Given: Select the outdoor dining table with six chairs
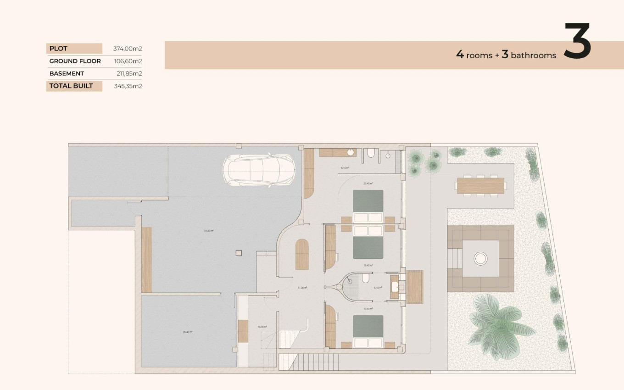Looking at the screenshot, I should [x=480, y=185].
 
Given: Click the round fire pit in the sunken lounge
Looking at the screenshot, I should [x=480, y=259].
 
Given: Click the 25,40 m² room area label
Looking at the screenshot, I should [x=188, y=332].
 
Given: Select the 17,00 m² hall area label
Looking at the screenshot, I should [x=302, y=288].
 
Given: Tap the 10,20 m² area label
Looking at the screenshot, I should [x=262, y=327].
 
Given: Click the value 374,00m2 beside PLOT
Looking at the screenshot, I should [x=128, y=49].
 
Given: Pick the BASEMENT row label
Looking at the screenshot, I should [x=67, y=73].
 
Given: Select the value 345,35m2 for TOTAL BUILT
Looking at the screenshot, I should [x=128, y=86].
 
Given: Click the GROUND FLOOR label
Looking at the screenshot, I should [x=75, y=61].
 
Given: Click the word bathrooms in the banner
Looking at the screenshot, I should [x=533, y=56].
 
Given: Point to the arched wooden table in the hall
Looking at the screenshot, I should [x=302, y=255].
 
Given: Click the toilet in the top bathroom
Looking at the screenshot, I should [x=371, y=153].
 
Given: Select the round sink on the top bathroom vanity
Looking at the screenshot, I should [x=350, y=152].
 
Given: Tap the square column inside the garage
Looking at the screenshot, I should [x=238, y=253].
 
